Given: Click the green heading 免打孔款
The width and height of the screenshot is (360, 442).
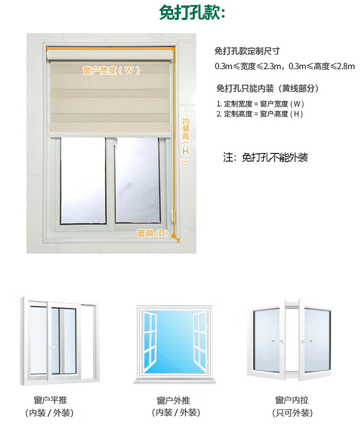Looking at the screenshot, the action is click(x=192, y=13).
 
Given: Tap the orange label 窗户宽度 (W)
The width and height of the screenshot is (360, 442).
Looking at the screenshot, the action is click(x=111, y=70).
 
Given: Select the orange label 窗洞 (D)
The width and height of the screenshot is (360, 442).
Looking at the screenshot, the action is click(x=153, y=234).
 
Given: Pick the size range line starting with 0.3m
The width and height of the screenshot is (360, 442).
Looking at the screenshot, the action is click(x=284, y=66).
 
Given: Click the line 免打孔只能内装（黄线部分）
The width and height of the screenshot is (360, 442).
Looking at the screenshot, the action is click(x=267, y=88).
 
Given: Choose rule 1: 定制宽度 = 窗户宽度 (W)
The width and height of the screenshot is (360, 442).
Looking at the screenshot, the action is click(x=260, y=104).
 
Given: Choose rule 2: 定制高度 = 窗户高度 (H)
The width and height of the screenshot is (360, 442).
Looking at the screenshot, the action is click(x=260, y=114).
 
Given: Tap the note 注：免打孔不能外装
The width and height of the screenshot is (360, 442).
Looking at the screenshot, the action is click(x=265, y=158).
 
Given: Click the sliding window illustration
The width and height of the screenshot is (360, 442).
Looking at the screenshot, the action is click(x=60, y=339).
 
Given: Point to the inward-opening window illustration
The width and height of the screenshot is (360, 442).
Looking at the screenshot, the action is click(x=291, y=339).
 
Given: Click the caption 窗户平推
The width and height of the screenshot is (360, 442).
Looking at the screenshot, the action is click(x=51, y=400).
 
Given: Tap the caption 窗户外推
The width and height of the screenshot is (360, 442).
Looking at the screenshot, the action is click(x=174, y=401).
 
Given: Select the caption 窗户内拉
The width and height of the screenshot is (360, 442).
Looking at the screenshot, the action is click(x=292, y=400).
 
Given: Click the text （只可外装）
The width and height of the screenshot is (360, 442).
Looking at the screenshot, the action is click(x=292, y=413).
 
